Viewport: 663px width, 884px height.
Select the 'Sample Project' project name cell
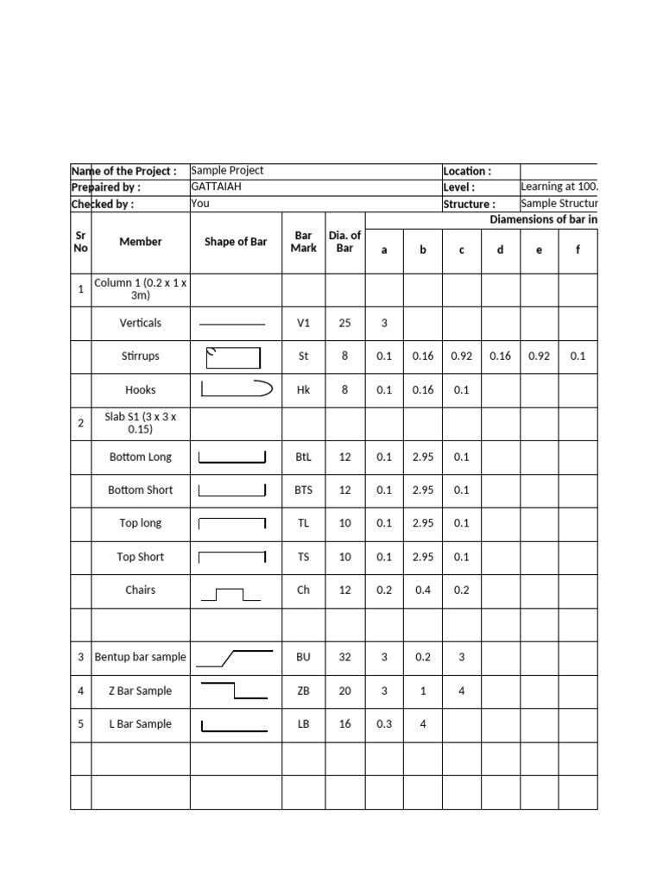(227, 171)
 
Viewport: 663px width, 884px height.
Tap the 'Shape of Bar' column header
(235, 242)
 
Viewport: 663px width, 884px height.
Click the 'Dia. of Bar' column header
(344, 242)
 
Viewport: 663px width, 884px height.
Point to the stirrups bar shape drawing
(233, 357)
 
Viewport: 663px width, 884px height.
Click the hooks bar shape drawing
(236, 389)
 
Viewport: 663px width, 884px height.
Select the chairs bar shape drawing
(230, 594)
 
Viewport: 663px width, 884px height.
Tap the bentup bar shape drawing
(235, 658)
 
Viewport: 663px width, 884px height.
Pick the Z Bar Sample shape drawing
(234, 690)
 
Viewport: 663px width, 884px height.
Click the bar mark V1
(303, 323)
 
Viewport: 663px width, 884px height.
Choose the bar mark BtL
(303, 457)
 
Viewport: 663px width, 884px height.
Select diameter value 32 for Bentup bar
(344, 657)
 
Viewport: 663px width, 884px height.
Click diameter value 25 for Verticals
(344, 323)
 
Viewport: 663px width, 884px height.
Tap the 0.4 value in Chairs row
(422, 590)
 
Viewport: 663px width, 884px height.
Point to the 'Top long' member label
(140, 523)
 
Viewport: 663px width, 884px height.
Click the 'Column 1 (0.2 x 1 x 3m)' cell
(140, 289)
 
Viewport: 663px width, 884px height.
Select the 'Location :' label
(466, 171)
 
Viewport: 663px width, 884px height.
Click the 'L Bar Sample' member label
(140, 724)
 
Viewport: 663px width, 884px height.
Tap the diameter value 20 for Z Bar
(344, 691)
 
